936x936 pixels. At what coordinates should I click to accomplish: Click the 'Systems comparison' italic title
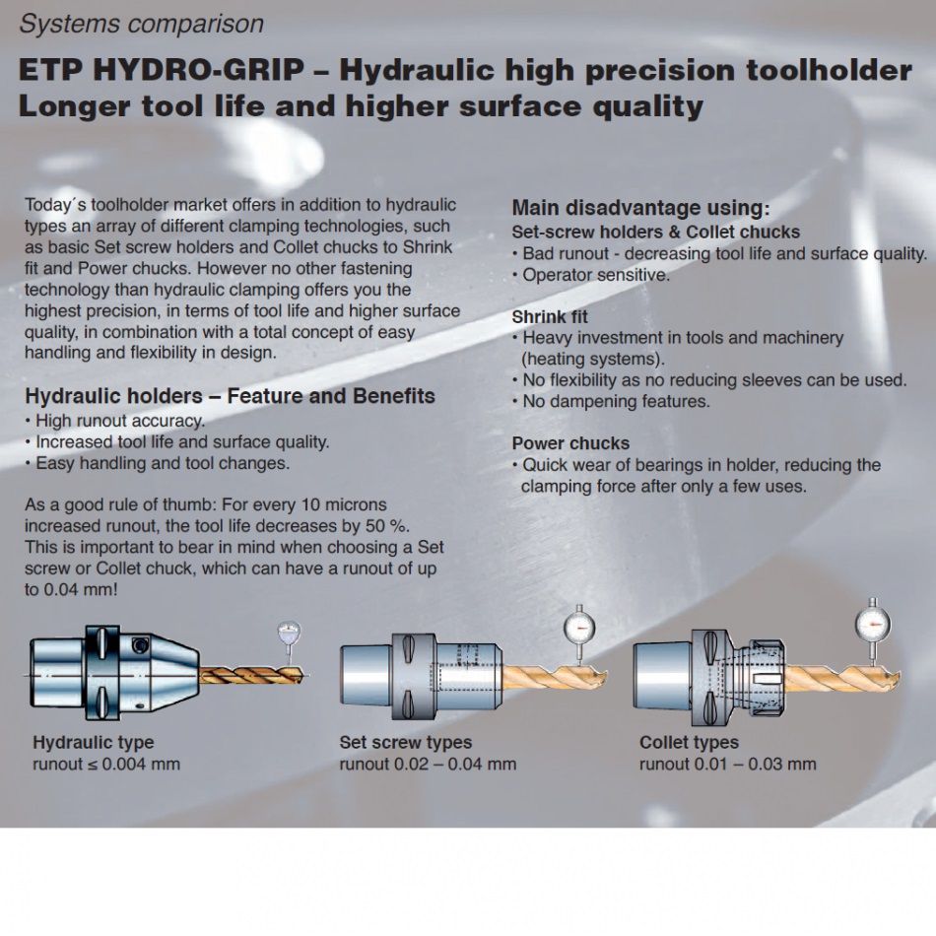coord(142,24)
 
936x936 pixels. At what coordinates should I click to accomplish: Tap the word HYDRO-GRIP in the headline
coord(199,70)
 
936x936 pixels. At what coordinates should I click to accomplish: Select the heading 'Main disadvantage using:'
coord(641,208)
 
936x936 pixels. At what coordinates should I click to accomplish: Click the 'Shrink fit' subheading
coord(550,316)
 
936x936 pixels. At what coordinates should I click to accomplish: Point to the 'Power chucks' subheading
coord(570,443)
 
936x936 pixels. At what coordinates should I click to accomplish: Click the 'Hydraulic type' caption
coord(94,742)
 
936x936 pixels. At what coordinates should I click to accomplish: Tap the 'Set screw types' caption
coord(405,742)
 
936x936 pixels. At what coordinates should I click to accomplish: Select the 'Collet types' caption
coord(689,742)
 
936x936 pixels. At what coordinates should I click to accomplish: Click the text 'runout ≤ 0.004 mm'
coord(106,764)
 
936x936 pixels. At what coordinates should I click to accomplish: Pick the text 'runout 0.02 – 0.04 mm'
coord(428,764)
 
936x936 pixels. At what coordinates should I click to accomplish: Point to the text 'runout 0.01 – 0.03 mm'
coord(728,764)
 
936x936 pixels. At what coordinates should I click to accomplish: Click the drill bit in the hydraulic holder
coord(251,675)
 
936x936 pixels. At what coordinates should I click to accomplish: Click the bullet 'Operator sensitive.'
coord(591,275)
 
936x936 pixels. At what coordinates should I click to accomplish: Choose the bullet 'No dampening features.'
coord(611,401)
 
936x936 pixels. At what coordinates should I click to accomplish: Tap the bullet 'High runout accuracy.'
coord(114,421)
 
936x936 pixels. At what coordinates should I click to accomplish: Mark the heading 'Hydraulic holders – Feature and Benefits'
coord(230,396)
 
